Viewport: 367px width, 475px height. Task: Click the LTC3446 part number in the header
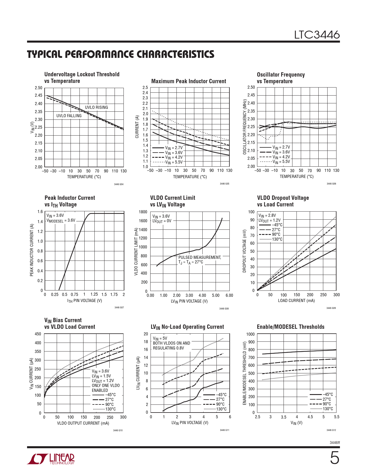pyautogui.click(x=317, y=35)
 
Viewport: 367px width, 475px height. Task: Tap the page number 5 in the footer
pyautogui.click(x=334, y=458)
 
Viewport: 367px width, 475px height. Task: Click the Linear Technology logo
pyautogui.click(x=51, y=459)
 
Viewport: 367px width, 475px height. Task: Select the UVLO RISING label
pyautogui.click(x=96, y=107)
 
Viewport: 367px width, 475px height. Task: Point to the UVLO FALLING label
pyautogui.click(x=69, y=116)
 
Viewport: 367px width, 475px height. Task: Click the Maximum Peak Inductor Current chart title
pyautogui.click(x=189, y=81)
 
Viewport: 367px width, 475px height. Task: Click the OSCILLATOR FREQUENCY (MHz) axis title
pyautogui.click(x=245, y=127)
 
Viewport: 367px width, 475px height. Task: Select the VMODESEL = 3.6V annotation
pyautogui.click(x=61, y=221)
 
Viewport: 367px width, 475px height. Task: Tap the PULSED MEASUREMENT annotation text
pyautogui.click(x=199, y=257)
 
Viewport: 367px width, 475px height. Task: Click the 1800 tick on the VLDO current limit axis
pyautogui.click(x=143, y=212)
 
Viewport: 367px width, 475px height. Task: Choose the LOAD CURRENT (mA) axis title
pyautogui.click(x=296, y=301)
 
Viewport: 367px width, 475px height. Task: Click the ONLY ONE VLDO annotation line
pyautogui.click(x=106, y=385)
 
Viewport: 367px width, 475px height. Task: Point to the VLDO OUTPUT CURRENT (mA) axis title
pyautogui.click(x=83, y=423)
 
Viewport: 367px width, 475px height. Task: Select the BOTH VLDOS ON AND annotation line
pyautogui.click(x=171, y=343)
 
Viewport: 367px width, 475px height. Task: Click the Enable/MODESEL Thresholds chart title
pyautogui.click(x=290, y=327)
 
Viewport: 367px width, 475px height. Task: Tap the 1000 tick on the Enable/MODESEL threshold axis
pyautogui.click(x=250, y=334)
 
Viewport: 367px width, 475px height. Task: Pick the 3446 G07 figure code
pyautogui.click(x=119, y=308)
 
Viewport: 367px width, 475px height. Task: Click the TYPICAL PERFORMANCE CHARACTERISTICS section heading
pyautogui.click(x=121, y=54)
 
